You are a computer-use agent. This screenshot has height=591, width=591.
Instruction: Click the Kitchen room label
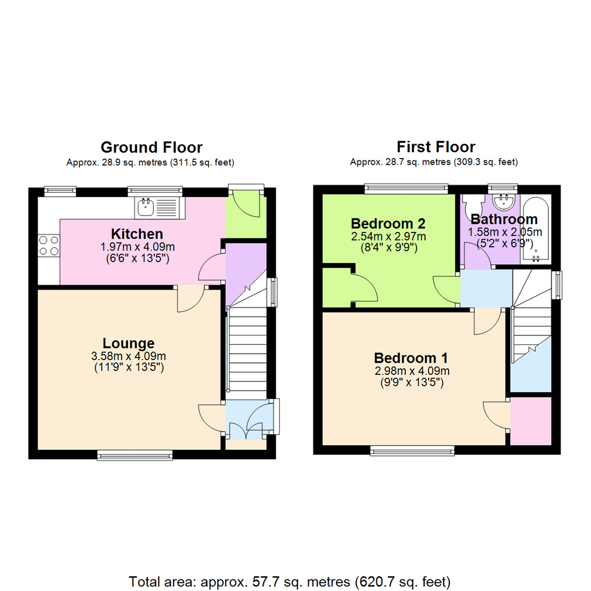point(137,234)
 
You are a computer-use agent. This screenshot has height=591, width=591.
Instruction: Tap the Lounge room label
point(129,343)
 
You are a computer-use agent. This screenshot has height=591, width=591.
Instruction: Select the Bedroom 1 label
point(411,358)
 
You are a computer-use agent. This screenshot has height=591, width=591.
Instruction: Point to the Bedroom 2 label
point(388,223)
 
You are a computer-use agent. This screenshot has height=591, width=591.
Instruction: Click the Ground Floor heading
point(151,147)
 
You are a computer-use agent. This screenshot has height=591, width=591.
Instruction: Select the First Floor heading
point(436,147)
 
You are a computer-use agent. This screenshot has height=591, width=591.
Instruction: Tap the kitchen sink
point(159,207)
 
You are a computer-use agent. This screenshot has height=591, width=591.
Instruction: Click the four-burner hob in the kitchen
point(48,245)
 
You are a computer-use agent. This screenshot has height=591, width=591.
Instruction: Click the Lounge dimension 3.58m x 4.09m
point(129,356)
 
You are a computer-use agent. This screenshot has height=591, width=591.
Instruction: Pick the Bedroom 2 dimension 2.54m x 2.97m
point(388,236)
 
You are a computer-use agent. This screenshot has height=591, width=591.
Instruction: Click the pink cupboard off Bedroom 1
point(530,420)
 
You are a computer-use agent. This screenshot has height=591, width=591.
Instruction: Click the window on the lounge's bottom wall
point(135,454)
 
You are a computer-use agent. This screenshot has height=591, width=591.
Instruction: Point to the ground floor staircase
point(246,350)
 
